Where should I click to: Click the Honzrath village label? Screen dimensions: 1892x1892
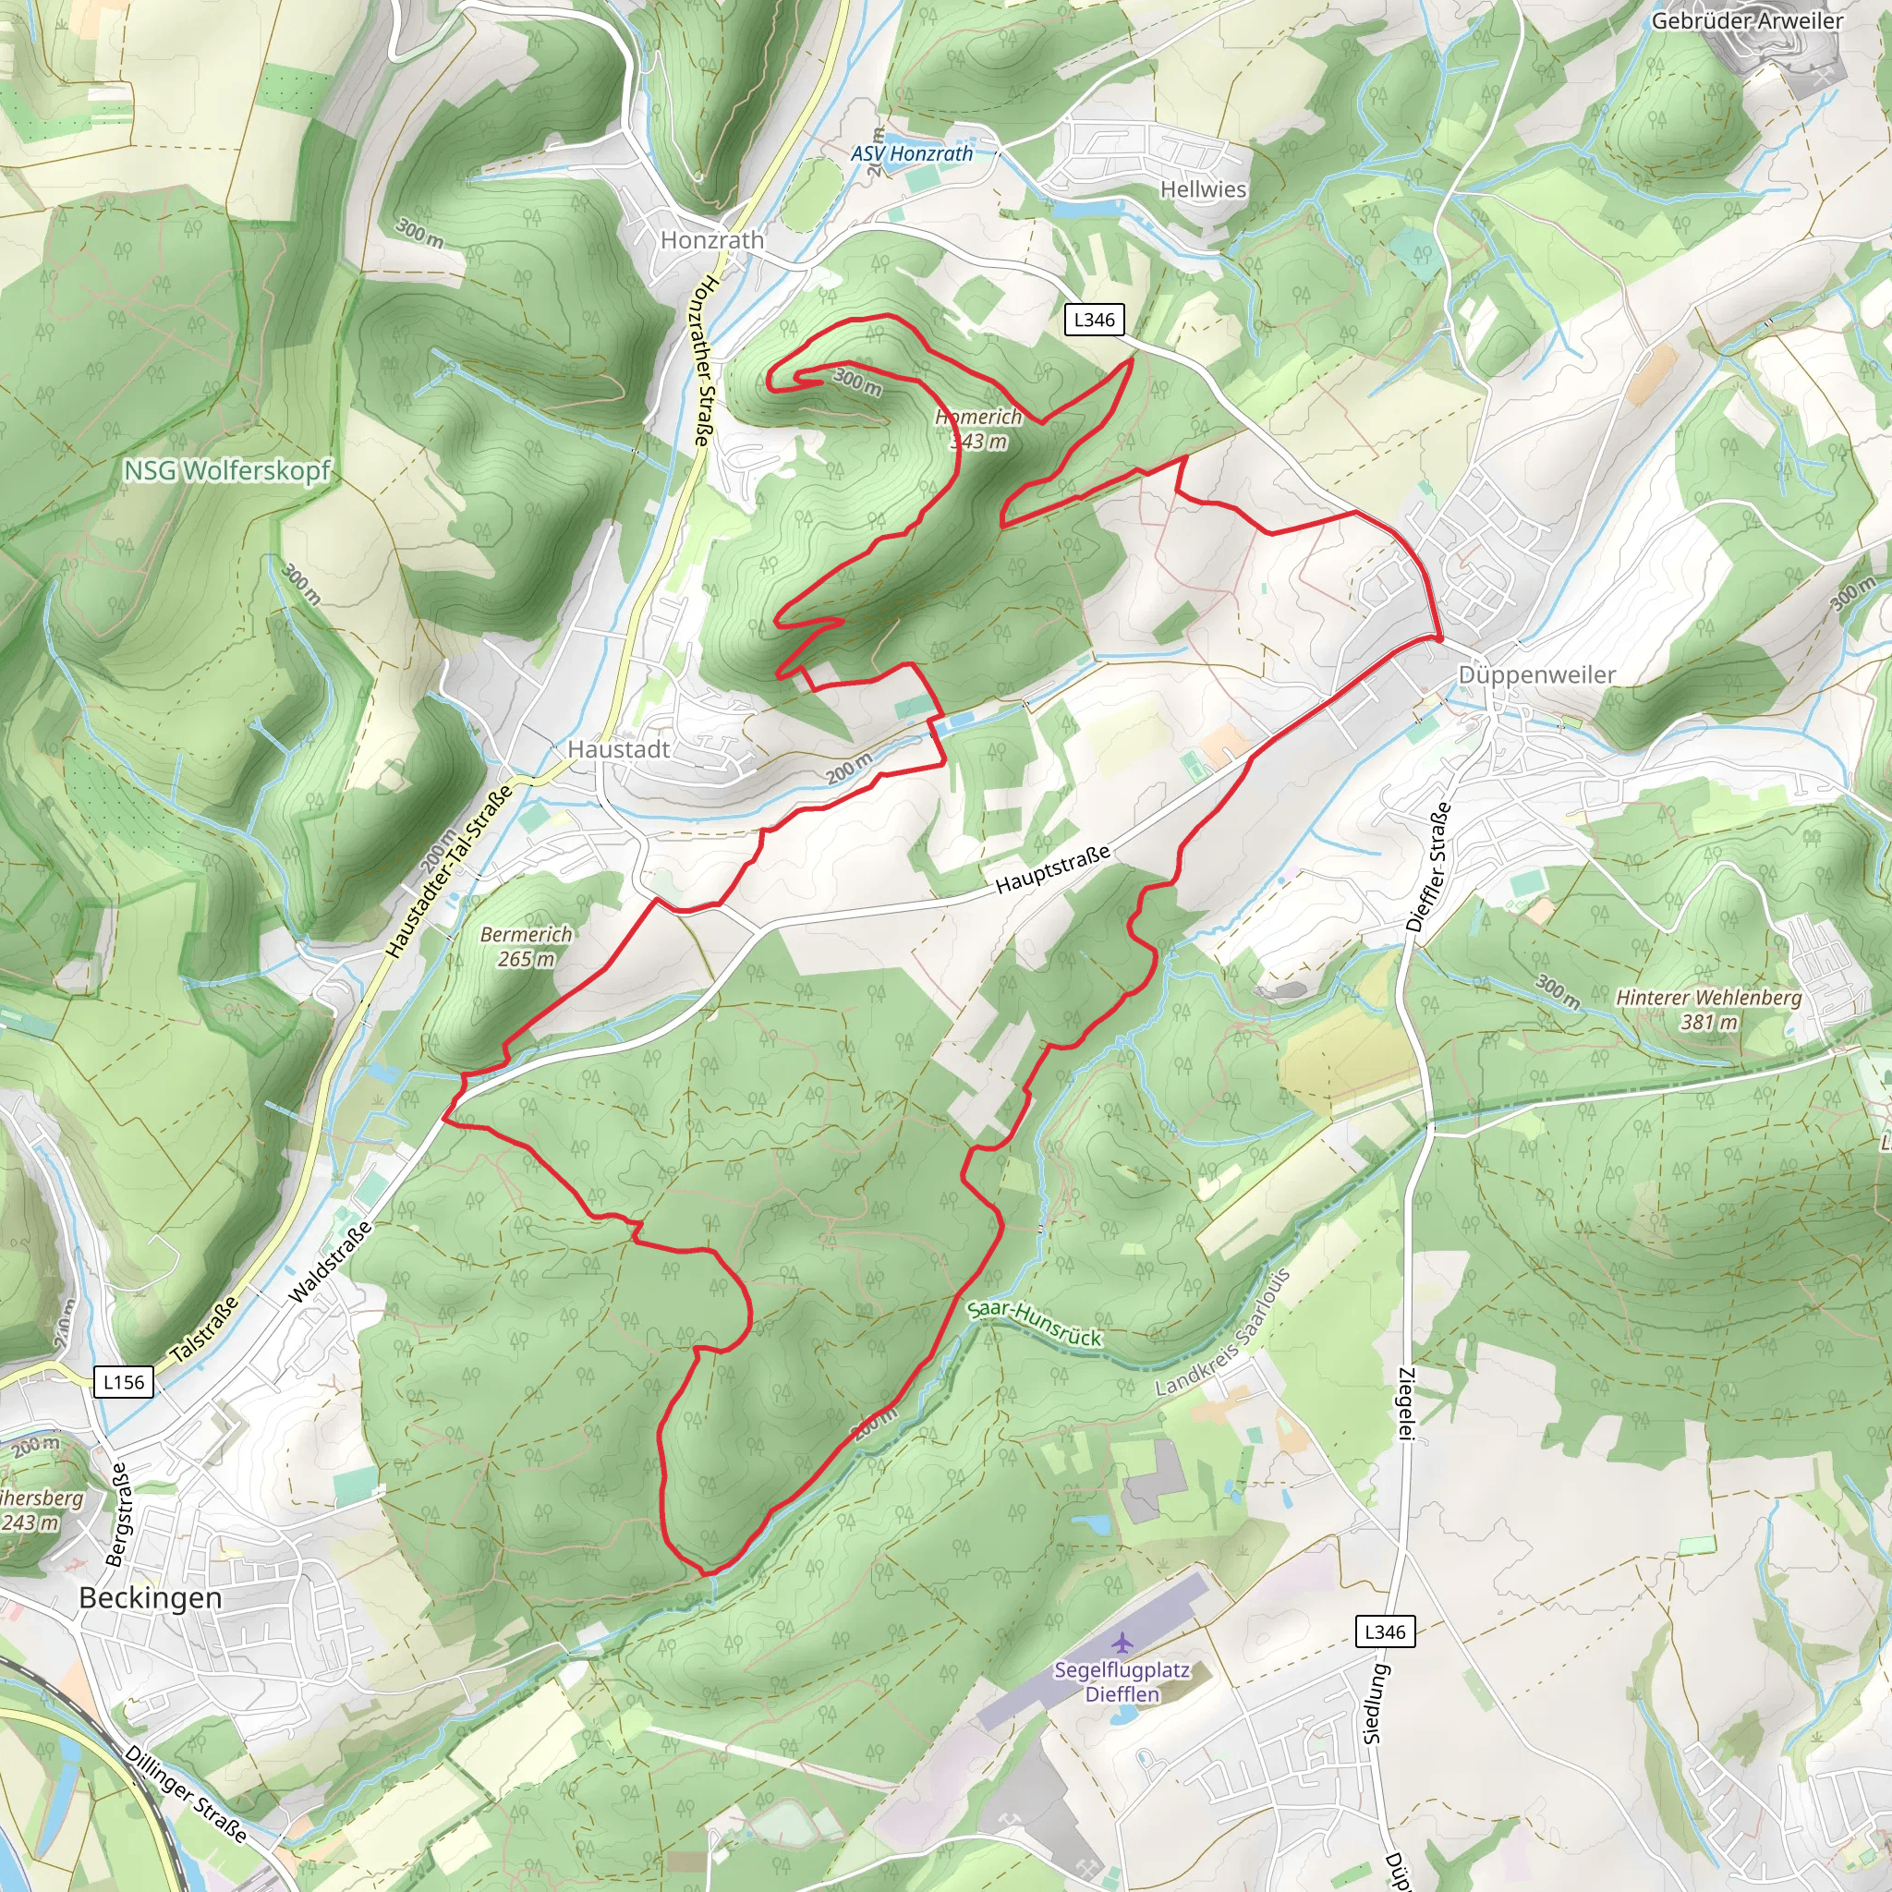(712, 240)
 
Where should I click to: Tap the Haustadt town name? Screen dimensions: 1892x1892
(619, 749)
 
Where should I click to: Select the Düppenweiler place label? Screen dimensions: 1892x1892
(1536, 674)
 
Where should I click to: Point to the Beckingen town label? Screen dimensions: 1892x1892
(150, 1598)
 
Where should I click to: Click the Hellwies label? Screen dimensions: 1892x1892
(1203, 189)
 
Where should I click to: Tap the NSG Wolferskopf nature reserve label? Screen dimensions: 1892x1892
(227, 471)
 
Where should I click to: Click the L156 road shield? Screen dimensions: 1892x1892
(124, 1382)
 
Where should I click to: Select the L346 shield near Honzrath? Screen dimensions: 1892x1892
(1094, 320)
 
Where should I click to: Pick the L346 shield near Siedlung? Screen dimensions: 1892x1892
(1385, 1631)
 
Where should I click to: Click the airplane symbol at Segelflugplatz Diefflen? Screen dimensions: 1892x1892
(1122, 1642)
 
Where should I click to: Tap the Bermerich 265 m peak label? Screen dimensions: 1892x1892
(526, 946)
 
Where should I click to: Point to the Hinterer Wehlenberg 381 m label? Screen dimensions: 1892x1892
(1708, 1010)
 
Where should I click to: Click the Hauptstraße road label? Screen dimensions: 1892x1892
(1053, 868)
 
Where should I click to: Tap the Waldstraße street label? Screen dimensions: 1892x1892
(330, 1262)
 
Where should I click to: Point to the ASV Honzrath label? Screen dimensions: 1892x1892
(911, 153)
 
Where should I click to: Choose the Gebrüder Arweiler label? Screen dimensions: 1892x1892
(1747, 20)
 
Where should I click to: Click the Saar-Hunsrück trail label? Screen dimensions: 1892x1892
(1034, 1324)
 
